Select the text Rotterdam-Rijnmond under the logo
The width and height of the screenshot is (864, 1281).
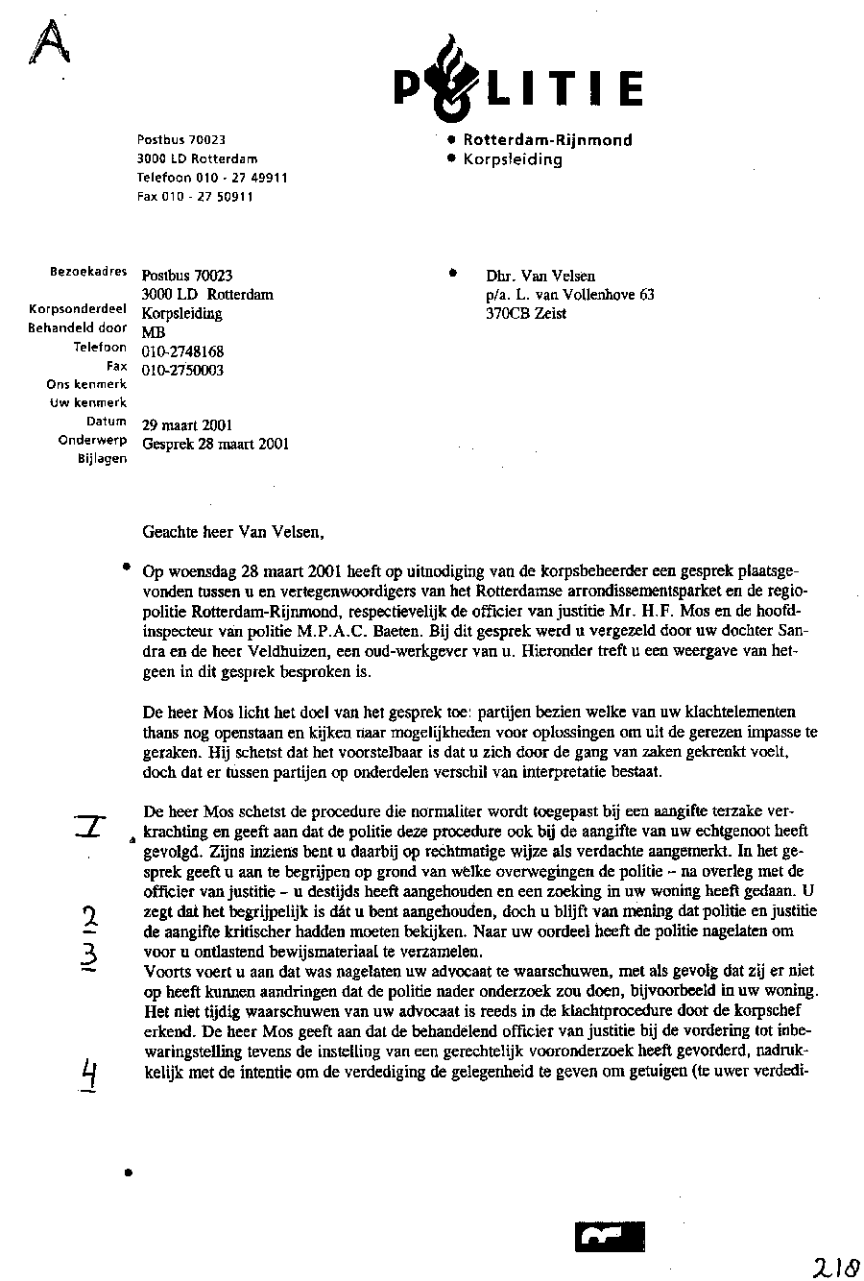(547, 140)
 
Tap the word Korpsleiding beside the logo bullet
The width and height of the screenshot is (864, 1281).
(513, 159)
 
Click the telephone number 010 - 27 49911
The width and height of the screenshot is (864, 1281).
(212, 178)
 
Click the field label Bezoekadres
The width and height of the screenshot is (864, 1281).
(87, 272)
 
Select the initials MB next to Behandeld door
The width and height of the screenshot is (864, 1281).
(154, 333)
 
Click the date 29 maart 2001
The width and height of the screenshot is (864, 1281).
(186, 425)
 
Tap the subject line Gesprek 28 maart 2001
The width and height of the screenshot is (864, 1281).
(215, 444)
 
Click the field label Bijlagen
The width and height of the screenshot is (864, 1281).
(102, 459)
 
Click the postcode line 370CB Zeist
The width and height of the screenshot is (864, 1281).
(526, 313)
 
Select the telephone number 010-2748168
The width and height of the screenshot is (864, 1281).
(182, 352)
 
